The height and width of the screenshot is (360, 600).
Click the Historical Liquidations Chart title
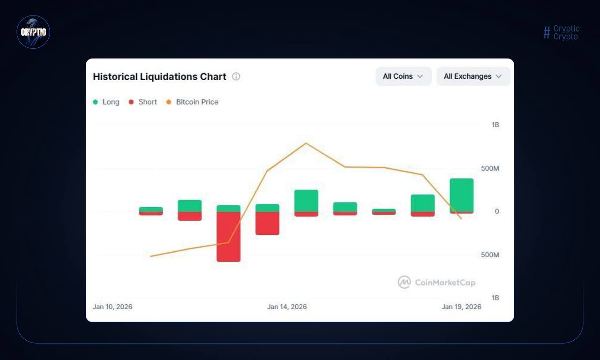pyautogui.click(x=159, y=76)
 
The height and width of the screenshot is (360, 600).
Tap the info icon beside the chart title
pyautogui.click(x=236, y=76)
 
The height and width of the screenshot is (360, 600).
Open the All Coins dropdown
pyautogui.click(x=403, y=76)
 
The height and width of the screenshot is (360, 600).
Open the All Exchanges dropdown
pyautogui.click(x=473, y=76)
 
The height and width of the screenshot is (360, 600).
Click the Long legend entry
pyautogui.click(x=106, y=102)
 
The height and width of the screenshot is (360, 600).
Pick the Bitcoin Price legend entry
pyautogui.click(x=193, y=102)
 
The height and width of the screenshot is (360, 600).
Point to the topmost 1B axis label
pyautogui.click(x=495, y=125)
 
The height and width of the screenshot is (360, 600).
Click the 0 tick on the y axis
pyautogui.click(x=497, y=211)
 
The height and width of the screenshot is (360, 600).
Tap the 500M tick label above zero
pyautogui.click(x=490, y=168)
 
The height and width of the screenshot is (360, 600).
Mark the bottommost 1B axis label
pyautogui.click(x=495, y=298)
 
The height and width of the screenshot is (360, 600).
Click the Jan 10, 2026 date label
pyautogui.click(x=112, y=307)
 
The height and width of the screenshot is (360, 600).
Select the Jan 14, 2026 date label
pyautogui.click(x=287, y=307)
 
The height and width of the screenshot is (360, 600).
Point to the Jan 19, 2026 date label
pyautogui.click(x=461, y=307)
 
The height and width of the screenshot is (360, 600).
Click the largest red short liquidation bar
pyautogui.click(x=228, y=237)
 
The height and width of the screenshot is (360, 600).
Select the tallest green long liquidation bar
pyautogui.click(x=461, y=195)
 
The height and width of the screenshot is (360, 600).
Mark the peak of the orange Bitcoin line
pyautogui.click(x=306, y=143)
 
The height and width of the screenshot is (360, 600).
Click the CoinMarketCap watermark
pyautogui.click(x=437, y=282)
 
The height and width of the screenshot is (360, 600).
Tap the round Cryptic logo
pyautogui.click(x=33, y=32)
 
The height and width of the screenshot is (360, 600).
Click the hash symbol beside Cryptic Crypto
pyautogui.click(x=547, y=32)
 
